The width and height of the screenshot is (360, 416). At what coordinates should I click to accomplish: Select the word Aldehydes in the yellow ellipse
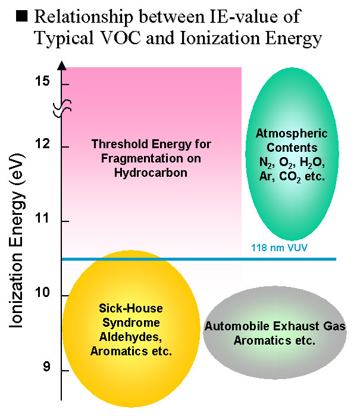(x=130, y=339)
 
